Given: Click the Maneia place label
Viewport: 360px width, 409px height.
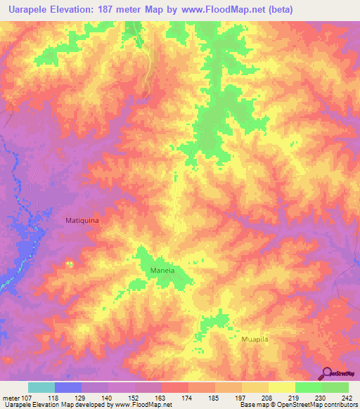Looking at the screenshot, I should coord(162,270).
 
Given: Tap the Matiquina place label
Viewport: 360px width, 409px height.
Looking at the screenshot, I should coord(83,220).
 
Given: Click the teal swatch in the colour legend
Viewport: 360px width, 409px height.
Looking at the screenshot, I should coord(41,387).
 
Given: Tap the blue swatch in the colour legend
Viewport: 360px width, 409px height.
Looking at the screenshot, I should coord(68,387).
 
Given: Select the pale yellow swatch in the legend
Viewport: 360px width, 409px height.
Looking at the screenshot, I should coord(281,387).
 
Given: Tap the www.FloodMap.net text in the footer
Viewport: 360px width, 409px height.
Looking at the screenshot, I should coord(145,405).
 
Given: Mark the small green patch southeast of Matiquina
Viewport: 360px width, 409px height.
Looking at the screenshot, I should coord(69,263).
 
